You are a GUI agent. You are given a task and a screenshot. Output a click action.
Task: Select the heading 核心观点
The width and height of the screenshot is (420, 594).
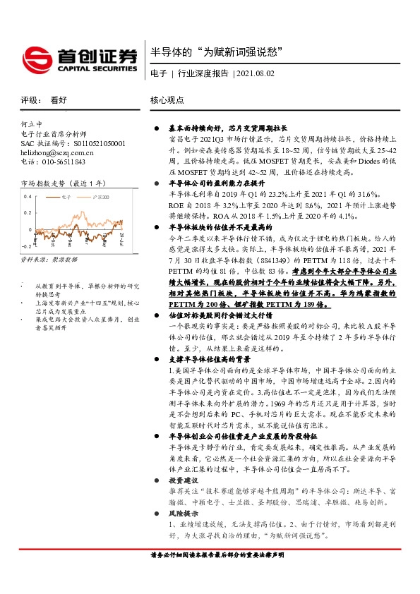coord(167,101)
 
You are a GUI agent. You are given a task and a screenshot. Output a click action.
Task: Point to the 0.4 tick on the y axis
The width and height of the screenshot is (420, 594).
coord(27,196)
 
